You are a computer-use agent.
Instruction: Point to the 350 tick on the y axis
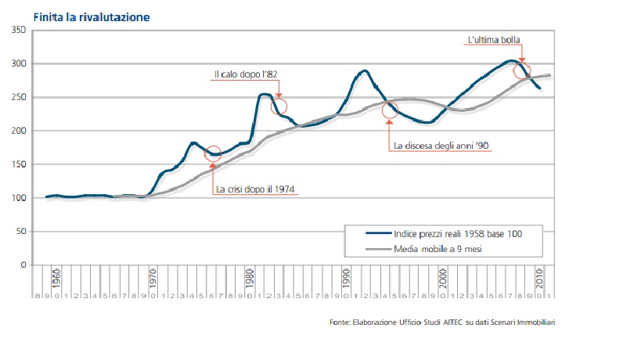click(19, 30)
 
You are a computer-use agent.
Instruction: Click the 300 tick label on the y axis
click(19, 63)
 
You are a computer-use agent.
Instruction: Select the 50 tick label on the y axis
click(21, 232)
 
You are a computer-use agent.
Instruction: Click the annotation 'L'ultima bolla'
click(494, 40)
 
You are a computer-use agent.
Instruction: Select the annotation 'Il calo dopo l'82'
click(247, 74)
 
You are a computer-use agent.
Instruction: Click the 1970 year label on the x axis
click(152, 279)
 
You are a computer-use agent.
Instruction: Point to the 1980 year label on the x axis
click(249, 279)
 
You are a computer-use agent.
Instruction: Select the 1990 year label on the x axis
click(345, 279)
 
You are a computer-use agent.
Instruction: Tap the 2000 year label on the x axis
click(442, 279)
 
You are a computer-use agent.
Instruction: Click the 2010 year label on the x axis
click(539, 279)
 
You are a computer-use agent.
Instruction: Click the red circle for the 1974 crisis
click(213, 154)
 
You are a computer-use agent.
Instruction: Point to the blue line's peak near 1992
click(363, 71)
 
